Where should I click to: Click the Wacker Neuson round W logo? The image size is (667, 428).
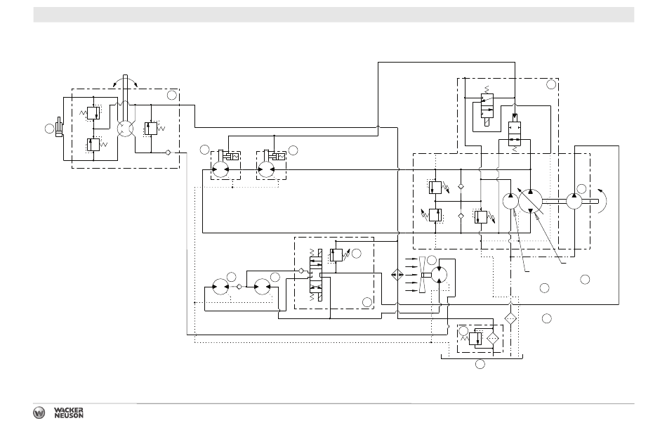pyautogui.click(x=39, y=413)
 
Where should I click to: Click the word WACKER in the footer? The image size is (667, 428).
pyautogui.click(x=69, y=410)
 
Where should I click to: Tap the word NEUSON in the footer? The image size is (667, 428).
pyautogui.click(x=69, y=415)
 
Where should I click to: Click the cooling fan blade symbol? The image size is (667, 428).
pyautogui.click(x=423, y=275)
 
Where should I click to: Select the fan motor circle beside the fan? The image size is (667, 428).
pyautogui.click(x=439, y=275)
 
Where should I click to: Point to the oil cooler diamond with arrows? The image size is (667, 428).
pyautogui.click(x=397, y=275)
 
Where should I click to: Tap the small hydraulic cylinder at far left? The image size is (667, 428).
pyautogui.click(x=59, y=127)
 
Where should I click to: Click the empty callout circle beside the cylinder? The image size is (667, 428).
pyautogui.click(x=49, y=128)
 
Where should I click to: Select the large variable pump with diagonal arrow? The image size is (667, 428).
pyautogui.click(x=531, y=201)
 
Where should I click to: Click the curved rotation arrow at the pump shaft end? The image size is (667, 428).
pyautogui.click(x=602, y=200)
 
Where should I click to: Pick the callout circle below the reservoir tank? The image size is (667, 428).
pyautogui.click(x=480, y=364)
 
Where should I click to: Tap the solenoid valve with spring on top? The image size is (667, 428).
pyautogui.click(x=487, y=105)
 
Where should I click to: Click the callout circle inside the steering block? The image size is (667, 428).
pyautogui.click(x=172, y=95)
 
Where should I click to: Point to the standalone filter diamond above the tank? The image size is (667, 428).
pyautogui.click(x=510, y=318)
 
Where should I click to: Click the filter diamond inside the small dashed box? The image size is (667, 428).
pyautogui.click(x=493, y=338)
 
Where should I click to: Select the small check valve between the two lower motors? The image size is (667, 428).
pyautogui.click(x=239, y=287)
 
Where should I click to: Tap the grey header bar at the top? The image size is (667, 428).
pyautogui.click(x=333, y=15)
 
